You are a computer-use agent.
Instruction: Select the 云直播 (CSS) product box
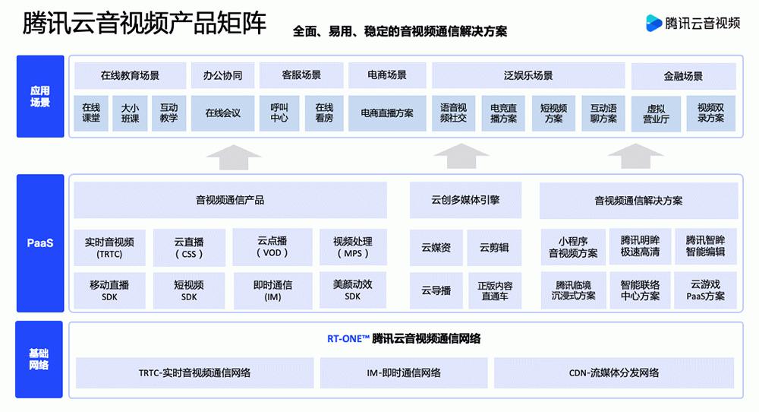point(189,248)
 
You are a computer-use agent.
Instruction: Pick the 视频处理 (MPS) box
point(352,247)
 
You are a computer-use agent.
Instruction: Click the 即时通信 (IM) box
point(272,290)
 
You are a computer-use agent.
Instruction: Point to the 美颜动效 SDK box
point(352,290)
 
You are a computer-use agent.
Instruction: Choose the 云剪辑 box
point(493,248)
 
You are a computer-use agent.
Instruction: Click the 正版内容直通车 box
point(495,290)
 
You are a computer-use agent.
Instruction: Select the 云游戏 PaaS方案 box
point(705,290)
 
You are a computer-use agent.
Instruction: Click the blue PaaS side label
point(40,243)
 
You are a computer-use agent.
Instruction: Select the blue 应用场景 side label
point(40,97)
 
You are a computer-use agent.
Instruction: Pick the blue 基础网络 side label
point(40,360)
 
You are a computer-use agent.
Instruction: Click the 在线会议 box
point(222,113)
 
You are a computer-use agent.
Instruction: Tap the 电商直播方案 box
point(386,113)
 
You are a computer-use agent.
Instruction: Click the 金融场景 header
point(683,76)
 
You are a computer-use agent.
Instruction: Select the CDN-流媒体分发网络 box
point(613,373)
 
